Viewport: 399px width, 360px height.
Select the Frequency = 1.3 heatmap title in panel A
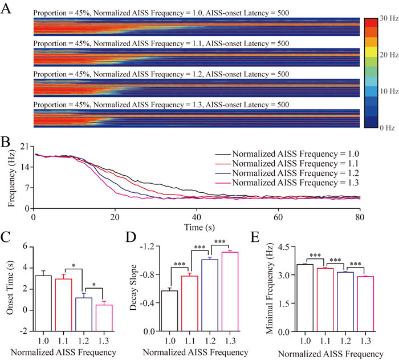point(161,105)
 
